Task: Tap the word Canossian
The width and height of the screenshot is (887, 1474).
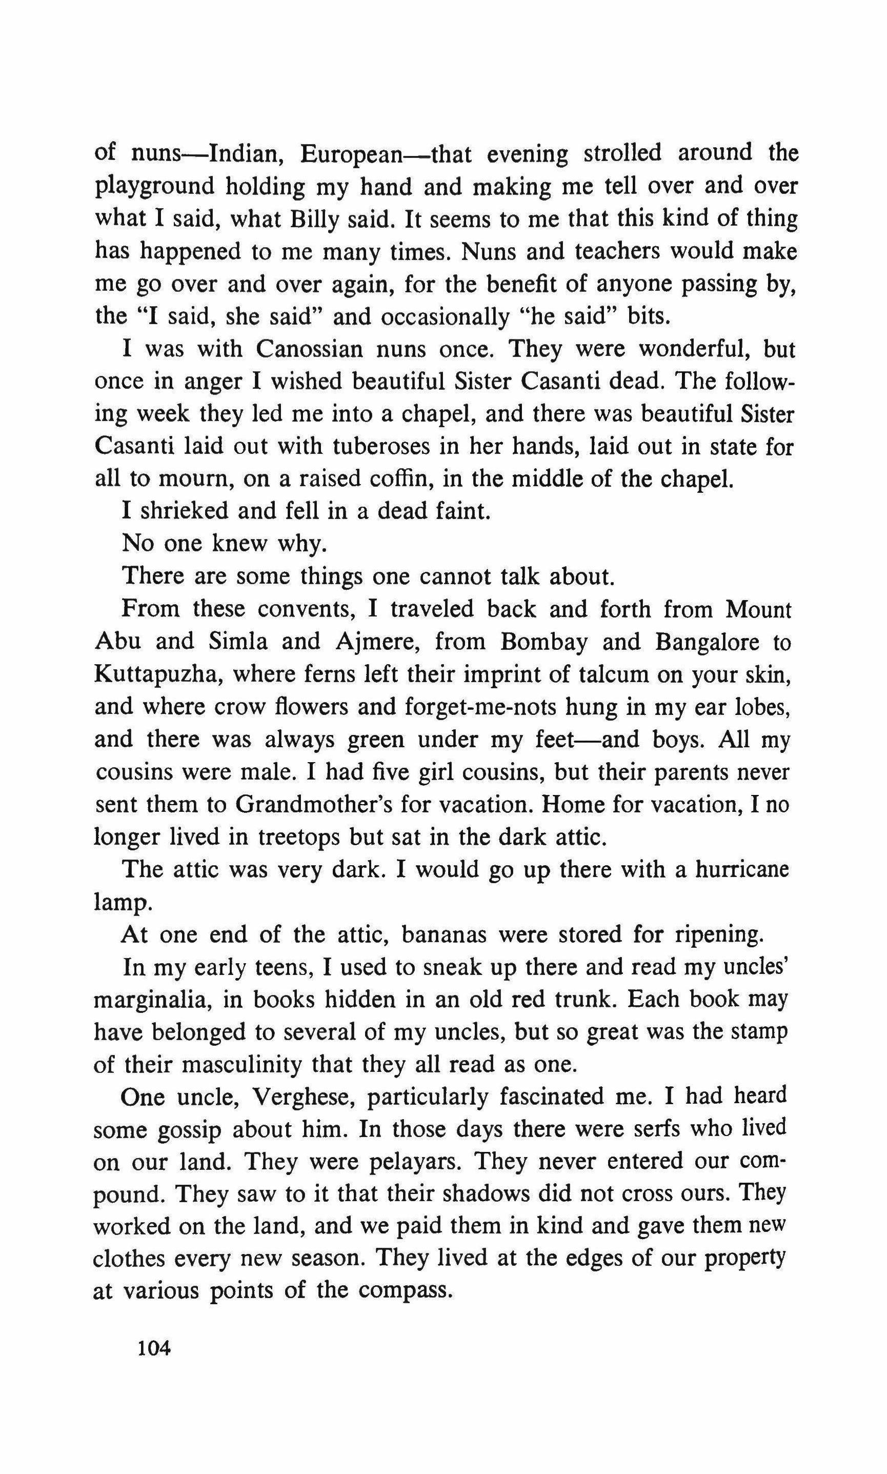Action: (309, 348)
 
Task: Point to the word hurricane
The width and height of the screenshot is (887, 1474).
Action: (742, 869)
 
